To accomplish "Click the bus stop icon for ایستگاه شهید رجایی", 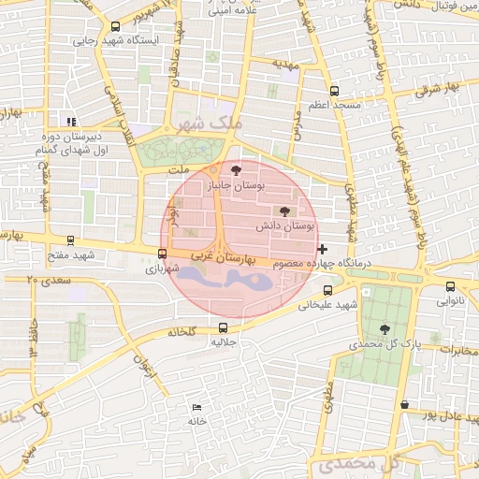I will coord(115,27).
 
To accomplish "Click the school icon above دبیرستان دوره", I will coord(72,122).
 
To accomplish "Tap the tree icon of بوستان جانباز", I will coord(234,169).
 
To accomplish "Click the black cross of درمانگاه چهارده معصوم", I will coord(323,249).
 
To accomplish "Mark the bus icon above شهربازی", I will coord(163,254).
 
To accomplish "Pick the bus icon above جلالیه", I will coord(223,327).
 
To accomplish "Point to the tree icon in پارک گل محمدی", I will coord(385,328).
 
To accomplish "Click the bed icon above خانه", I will coord(196,408).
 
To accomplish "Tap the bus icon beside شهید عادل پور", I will coord(404,405).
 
